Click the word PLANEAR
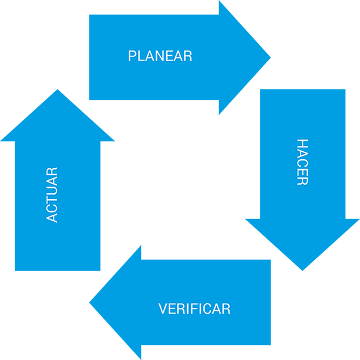click(x=160, y=56)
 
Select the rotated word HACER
click(x=302, y=162)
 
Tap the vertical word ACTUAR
click(x=52, y=195)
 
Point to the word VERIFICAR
click(x=194, y=309)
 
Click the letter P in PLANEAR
click(x=133, y=56)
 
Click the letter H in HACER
click(x=302, y=144)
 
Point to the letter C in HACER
click(x=302, y=163)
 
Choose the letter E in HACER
click(x=302, y=172)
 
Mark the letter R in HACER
click(x=302, y=181)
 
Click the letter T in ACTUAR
click(x=52, y=199)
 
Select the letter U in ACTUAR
click(x=52, y=190)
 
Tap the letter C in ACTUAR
click(x=52, y=208)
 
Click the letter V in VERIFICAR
click(x=163, y=309)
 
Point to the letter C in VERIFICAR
click(x=204, y=309)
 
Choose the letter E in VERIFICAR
click(x=172, y=309)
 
